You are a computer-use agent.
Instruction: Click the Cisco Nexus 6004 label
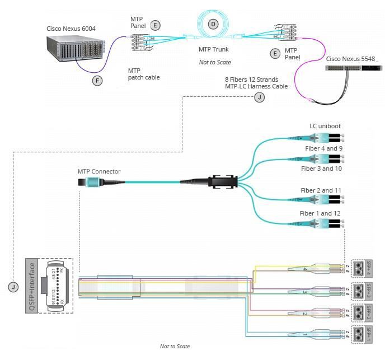(71, 27)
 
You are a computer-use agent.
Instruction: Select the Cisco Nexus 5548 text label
(351, 59)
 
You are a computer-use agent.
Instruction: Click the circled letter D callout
(213, 24)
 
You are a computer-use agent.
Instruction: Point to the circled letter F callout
(98, 81)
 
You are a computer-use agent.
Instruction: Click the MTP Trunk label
(213, 49)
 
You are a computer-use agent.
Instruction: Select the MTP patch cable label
(144, 74)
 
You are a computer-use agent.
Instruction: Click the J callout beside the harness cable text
(259, 97)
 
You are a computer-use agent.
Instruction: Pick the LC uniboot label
(325, 126)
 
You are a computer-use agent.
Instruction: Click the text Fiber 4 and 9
(324, 148)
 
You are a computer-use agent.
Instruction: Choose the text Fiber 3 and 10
(322, 169)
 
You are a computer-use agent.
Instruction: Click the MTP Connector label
(99, 171)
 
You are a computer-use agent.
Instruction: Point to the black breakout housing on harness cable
(223, 181)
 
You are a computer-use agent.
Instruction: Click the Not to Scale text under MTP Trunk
(215, 62)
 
